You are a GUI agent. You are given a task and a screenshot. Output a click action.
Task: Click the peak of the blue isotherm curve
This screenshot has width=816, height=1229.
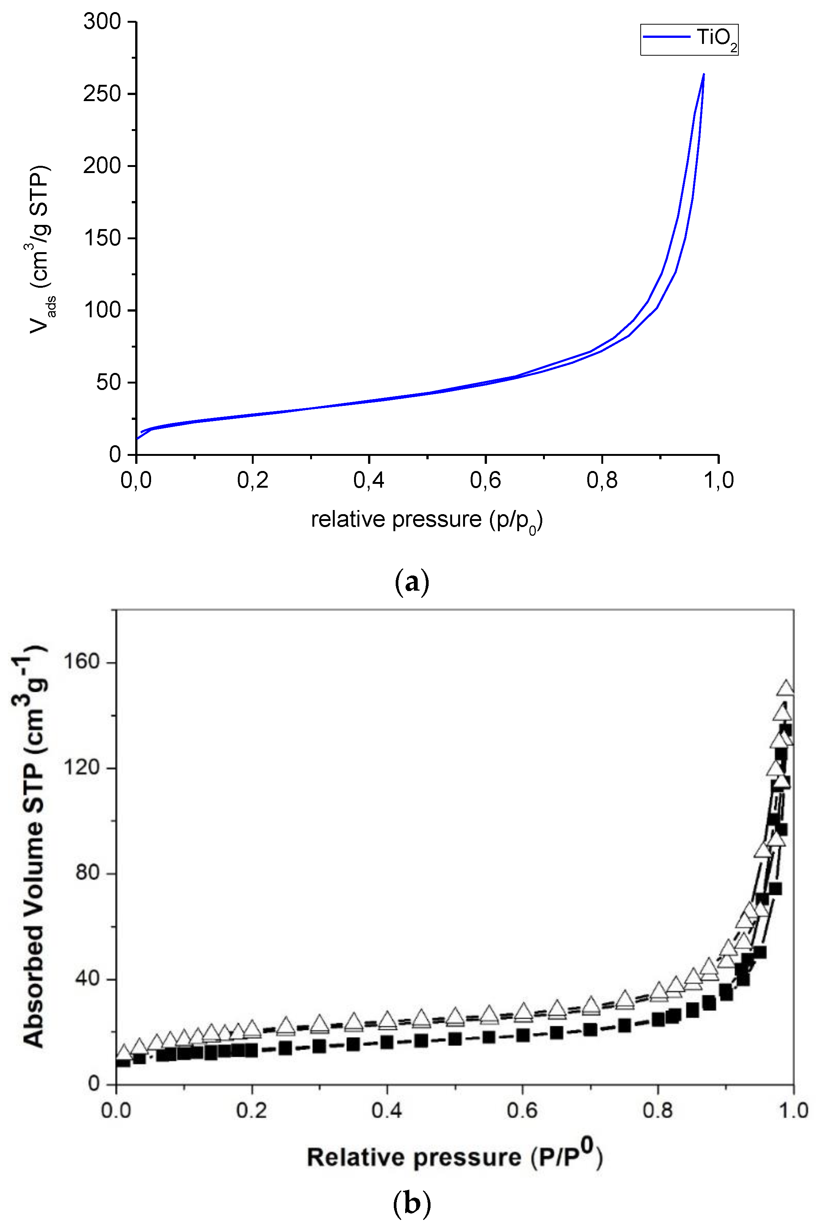click(x=704, y=75)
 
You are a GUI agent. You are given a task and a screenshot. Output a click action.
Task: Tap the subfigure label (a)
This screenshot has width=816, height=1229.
click(x=412, y=582)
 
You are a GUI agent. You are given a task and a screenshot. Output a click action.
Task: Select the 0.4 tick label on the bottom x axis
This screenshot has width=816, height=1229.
click(x=386, y=1110)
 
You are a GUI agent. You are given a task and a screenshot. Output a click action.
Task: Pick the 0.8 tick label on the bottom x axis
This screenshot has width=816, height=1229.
click(x=657, y=1110)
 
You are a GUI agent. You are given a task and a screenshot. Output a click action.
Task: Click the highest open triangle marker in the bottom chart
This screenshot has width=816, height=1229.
click(x=785, y=688)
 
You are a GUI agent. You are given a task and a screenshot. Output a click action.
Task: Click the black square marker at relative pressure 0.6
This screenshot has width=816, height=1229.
click(x=523, y=1035)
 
